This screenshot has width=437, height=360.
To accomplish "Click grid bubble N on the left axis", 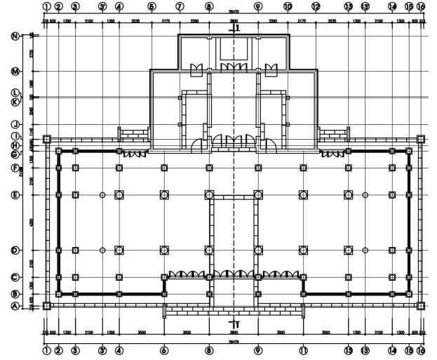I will [x=14, y=36].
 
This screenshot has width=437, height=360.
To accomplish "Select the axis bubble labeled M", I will [x=14, y=72].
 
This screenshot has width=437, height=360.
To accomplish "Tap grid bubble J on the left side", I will [x=14, y=124].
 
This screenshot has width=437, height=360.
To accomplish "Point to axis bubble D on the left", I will [x=14, y=250].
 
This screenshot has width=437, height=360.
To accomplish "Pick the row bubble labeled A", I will [x=14, y=305].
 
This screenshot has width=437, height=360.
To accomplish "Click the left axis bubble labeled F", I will [x=14, y=168].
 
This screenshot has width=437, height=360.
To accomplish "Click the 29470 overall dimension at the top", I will [x=234, y=12].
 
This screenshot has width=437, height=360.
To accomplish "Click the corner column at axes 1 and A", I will [x=46, y=305].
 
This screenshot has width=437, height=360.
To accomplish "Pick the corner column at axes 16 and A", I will [x=420, y=305].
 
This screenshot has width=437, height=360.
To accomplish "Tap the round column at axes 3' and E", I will [x=102, y=194].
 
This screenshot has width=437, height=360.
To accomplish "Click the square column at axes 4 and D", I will [x=119, y=250].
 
